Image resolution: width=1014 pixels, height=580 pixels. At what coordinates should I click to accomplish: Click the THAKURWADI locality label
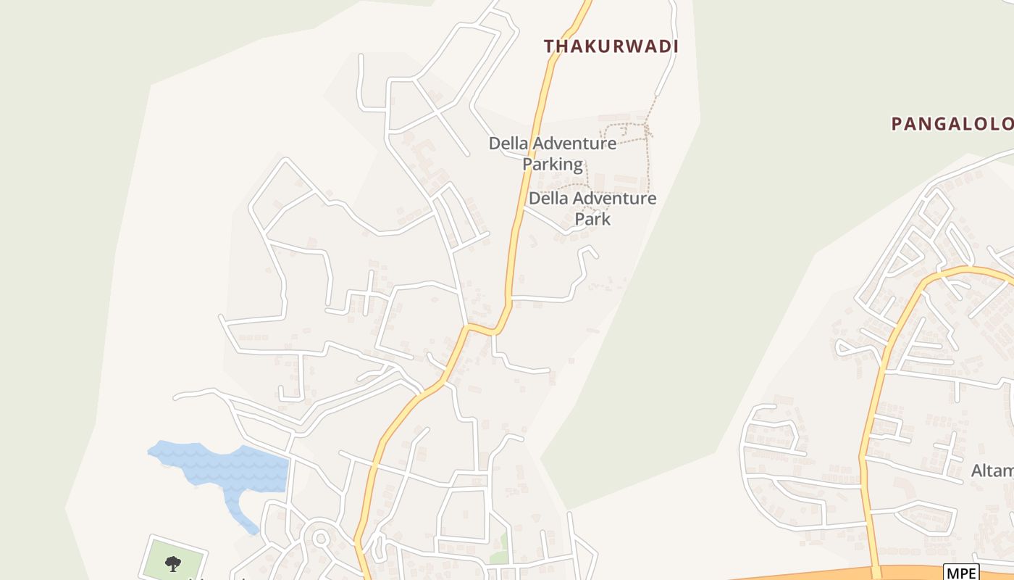[x=611, y=46]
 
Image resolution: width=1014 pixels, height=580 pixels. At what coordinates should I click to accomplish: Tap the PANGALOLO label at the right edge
[x=952, y=124]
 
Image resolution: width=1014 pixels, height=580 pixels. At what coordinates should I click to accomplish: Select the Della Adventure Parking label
[x=553, y=154]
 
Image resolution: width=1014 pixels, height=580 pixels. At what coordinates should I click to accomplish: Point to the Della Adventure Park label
[x=592, y=208]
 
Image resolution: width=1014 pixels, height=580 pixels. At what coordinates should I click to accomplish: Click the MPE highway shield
[x=961, y=572]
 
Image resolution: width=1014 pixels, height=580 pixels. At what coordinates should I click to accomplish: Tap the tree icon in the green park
[x=172, y=563]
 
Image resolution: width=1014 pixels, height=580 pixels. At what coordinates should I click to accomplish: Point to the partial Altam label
[x=992, y=471]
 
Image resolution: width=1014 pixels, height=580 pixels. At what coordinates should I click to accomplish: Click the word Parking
[x=553, y=165]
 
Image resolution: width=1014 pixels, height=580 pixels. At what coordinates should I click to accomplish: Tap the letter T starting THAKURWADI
[x=549, y=46]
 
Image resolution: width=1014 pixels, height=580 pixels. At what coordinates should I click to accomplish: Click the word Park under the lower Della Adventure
[x=592, y=219]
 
